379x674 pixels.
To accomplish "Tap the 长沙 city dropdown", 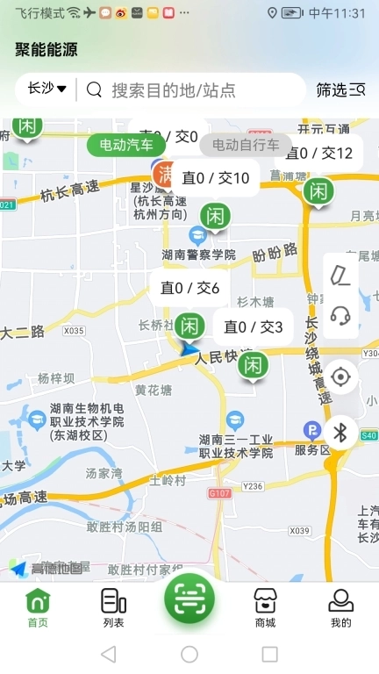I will pos(47,89).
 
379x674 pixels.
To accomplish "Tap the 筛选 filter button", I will pos(340,90).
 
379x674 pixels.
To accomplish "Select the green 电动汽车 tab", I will pos(126,145).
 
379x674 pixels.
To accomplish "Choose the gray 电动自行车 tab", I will pos(246,145).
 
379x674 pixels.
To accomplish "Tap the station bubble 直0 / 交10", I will pos(216,178).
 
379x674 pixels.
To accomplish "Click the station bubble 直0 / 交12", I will pos(319,154).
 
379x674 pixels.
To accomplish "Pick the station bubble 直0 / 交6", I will pos(190,288).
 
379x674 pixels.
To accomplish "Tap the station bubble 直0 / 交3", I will pos(254,327).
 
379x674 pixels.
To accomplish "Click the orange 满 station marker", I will pos(164,174).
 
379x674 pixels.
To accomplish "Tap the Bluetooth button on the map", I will pos(340,432).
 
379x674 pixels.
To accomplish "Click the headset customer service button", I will pos(340,316).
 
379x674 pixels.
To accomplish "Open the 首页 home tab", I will pos(38,607).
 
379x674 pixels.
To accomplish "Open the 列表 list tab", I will pos(113,607).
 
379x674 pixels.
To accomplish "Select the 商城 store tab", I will pos(265,607).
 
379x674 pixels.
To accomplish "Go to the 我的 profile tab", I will pos(340,607).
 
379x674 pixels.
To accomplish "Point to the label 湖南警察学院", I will pos(199,254).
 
